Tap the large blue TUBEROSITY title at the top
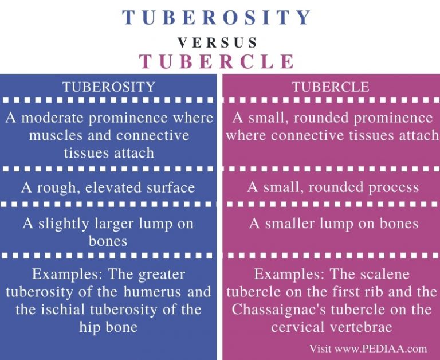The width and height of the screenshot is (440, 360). pyautogui.click(x=217, y=18)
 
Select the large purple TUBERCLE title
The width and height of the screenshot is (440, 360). pyautogui.click(x=217, y=61)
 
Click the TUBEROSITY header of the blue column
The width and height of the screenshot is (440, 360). pyautogui.click(x=109, y=87)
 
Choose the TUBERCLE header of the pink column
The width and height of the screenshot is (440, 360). pyautogui.click(x=331, y=87)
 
